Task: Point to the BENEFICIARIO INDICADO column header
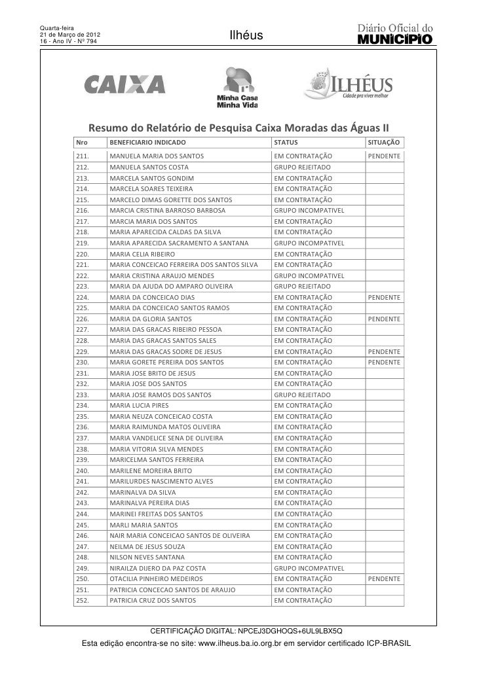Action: pyautogui.click(x=147, y=142)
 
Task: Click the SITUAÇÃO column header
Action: pyautogui.click(x=385, y=142)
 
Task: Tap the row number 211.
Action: pyautogui.click(x=83, y=156)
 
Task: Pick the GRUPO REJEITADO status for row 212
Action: pyautogui.click(x=302, y=168)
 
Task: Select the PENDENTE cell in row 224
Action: pyautogui.click(x=384, y=297)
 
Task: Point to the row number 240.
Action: pyautogui.click(x=83, y=470)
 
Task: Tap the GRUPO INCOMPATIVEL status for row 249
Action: pyautogui.click(x=309, y=568)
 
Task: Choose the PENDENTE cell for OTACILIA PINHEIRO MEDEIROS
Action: pyautogui.click(x=384, y=579)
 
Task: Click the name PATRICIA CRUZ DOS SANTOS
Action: pyautogui.click(x=149, y=600)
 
